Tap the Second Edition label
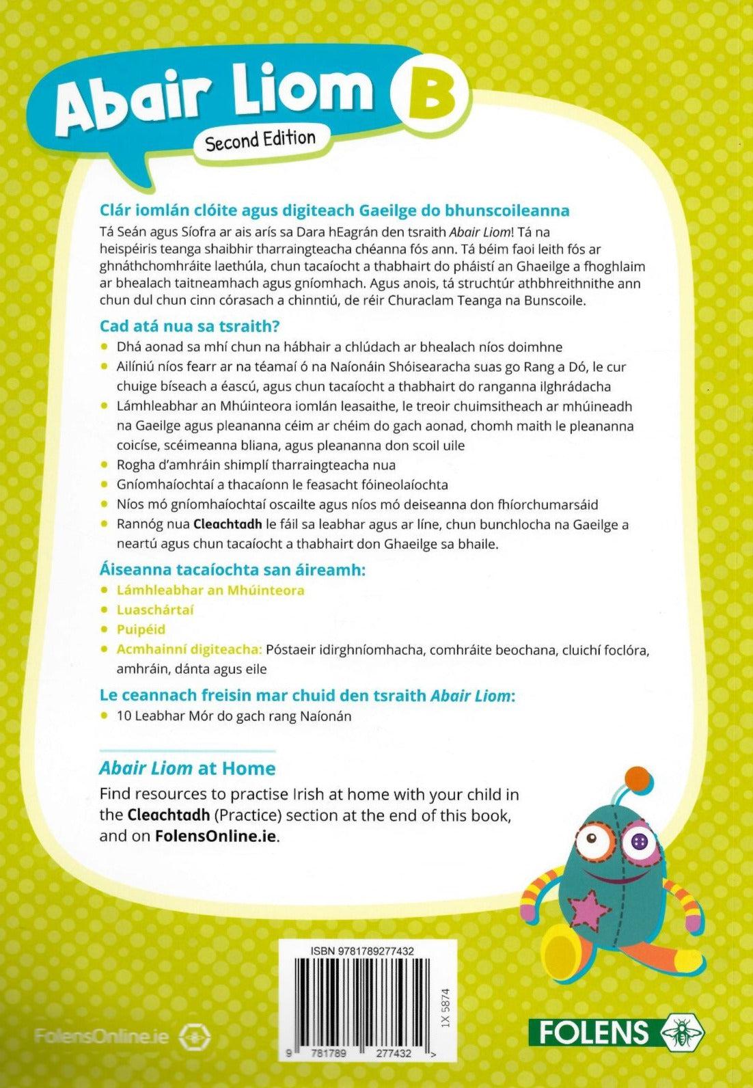click(260, 141)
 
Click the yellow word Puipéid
click(141, 629)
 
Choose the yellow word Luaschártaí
click(155, 609)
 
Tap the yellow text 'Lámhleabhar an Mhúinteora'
click(210, 589)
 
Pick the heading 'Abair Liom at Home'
click(187, 768)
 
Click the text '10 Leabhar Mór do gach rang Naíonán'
click(233, 716)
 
